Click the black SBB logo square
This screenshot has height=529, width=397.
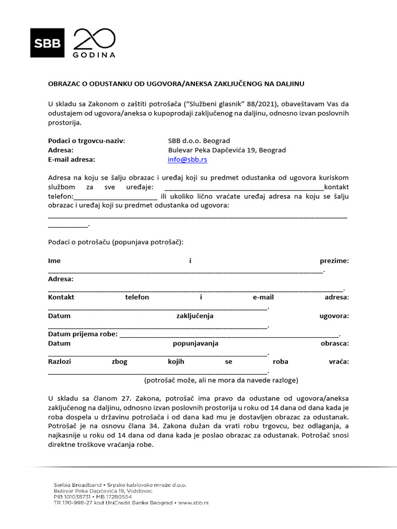pyautogui.click(x=48, y=42)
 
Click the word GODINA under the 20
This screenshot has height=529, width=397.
pyautogui.click(x=95, y=54)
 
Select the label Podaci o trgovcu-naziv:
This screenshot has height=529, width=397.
pyautogui.click(x=86, y=141)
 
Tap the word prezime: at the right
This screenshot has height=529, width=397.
pyautogui.click(x=334, y=261)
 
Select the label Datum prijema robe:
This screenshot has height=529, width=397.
pyautogui.click(x=83, y=334)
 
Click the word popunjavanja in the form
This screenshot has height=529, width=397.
pyautogui.click(x=195, y=344)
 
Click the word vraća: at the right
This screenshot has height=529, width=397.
pyautogui.click(x=339, y=362)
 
